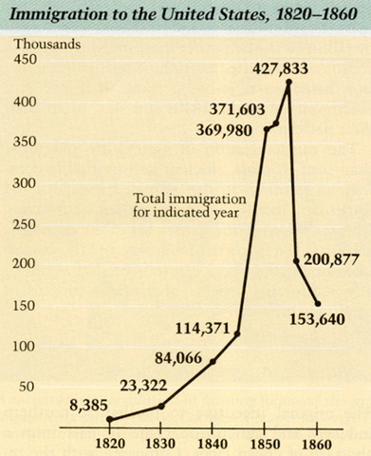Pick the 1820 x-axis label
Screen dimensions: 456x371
pos(111,443)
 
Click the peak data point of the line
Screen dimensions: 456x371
pos(288,82)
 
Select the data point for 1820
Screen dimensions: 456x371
pos(110,419)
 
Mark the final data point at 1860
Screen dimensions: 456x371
pos(318,304)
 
